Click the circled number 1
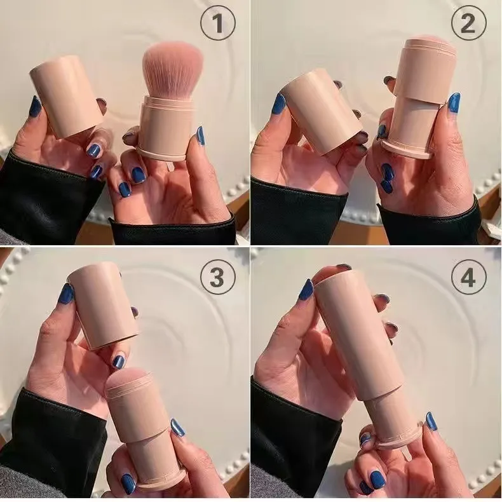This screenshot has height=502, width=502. tap(217, 25)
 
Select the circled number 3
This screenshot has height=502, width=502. tap(217, 278)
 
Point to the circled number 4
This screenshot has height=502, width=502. tap(468, 278)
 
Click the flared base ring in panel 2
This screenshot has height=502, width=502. tap(407, 150)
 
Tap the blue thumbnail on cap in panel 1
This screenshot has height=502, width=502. tap(35, 106)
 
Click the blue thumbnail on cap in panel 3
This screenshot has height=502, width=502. tap(66, 294)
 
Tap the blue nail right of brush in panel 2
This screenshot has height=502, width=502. tap(454, 102)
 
